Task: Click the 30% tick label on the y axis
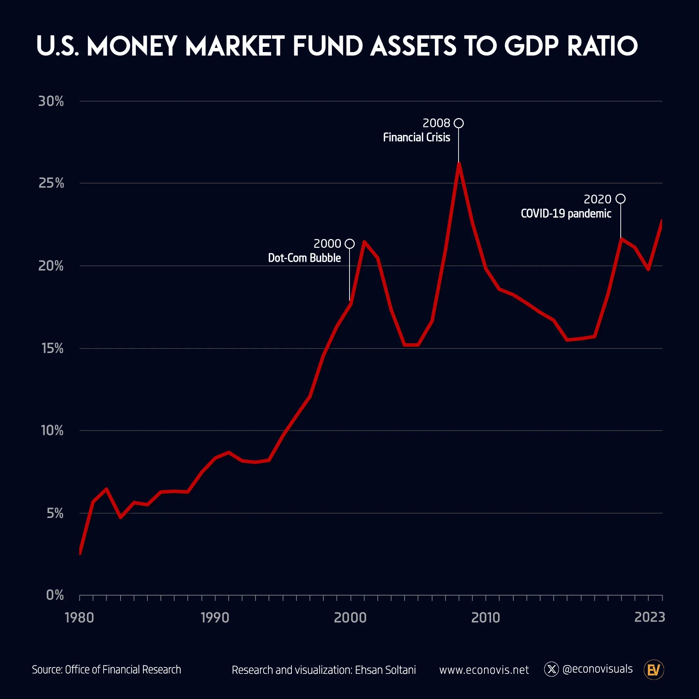(x=51, y=101)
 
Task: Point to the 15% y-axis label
(x=52, y=348)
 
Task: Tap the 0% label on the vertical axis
(x=55, y=595)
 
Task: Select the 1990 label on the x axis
(x=215, y=618)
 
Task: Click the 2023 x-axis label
(x=649, y=617)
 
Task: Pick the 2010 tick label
(x=485, y=618)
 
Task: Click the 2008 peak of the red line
(x=459, y=165)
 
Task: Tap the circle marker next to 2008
(x=459, y=123)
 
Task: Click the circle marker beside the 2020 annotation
(x=620, y=199)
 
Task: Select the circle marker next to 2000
(x=349, y=244)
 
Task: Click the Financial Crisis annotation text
(x=417, y=137)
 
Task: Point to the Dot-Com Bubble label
(x=304, y=258)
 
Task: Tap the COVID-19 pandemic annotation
(x=566, y=214)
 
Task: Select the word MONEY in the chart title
(x=132, y=46)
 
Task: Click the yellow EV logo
(x=654, y=670)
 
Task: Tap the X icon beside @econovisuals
(x=552, y=669)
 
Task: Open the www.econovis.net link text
(x=484, y=670)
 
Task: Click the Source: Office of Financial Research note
(x=106, y=670)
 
